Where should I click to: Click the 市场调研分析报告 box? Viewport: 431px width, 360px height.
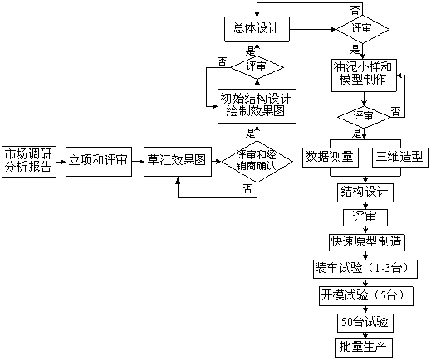(x=29, y=162)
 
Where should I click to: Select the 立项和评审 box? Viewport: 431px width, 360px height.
(x=99, y=162)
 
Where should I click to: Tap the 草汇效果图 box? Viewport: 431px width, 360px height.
(x=178, y=162)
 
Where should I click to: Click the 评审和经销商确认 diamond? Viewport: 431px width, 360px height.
(x=257, y=162)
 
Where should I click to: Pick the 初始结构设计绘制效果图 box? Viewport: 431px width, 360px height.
(x=257, y=106)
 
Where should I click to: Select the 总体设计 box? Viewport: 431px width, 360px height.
(x=257, y=29)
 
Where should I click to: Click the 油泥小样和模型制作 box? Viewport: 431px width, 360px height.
(x=364, y=75)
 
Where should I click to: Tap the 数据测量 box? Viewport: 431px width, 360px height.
(x=331, y=158)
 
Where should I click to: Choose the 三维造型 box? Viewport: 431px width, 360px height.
(x=400, y=158)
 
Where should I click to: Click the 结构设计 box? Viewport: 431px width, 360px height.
(x=365, y=192)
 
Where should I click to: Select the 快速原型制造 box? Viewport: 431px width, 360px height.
(x=367, y=242)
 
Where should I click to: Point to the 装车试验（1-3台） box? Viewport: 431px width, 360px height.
(x=365, y=269)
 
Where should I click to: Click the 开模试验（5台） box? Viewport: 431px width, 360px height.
(x=366, y=296)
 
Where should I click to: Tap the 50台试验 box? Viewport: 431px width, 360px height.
(x=365, y=323)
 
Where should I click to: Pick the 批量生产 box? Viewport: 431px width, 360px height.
(x=365, y=348)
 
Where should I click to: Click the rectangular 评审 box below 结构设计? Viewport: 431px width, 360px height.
(x=365, y=217)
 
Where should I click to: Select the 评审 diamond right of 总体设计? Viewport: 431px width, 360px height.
(x=363, y=29)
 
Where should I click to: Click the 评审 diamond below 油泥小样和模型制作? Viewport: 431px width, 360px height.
(x=364, y=117)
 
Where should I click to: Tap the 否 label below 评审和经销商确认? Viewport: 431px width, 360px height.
(x=248, y=189)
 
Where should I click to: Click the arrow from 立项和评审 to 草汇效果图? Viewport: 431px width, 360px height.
(x=138, y=161)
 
